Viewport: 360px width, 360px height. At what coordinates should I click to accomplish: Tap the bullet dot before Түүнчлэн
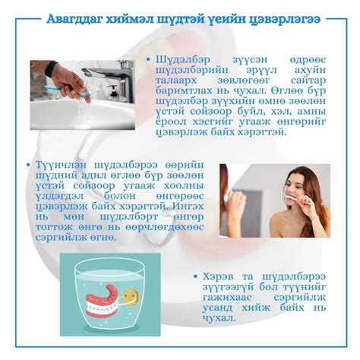coord(28,165)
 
